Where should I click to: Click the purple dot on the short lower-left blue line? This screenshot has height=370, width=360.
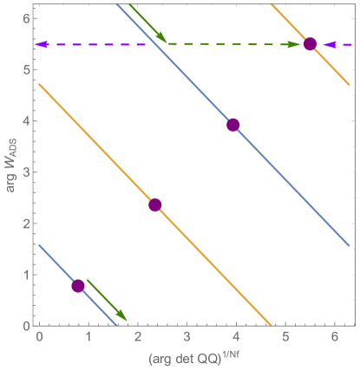78,286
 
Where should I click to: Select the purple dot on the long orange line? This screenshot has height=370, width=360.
155,204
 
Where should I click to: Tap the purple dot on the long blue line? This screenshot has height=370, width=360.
232,125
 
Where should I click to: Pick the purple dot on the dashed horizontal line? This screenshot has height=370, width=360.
310,44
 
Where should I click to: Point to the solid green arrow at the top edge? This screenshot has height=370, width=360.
148,23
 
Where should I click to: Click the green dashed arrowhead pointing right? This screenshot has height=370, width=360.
294,44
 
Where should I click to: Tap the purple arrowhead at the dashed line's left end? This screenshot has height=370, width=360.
42,44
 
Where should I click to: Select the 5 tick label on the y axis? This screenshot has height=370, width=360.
26,70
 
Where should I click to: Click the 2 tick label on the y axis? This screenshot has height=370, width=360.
26,224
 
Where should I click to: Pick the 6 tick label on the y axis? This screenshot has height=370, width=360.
26,19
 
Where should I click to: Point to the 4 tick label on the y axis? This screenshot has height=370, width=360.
26,121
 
